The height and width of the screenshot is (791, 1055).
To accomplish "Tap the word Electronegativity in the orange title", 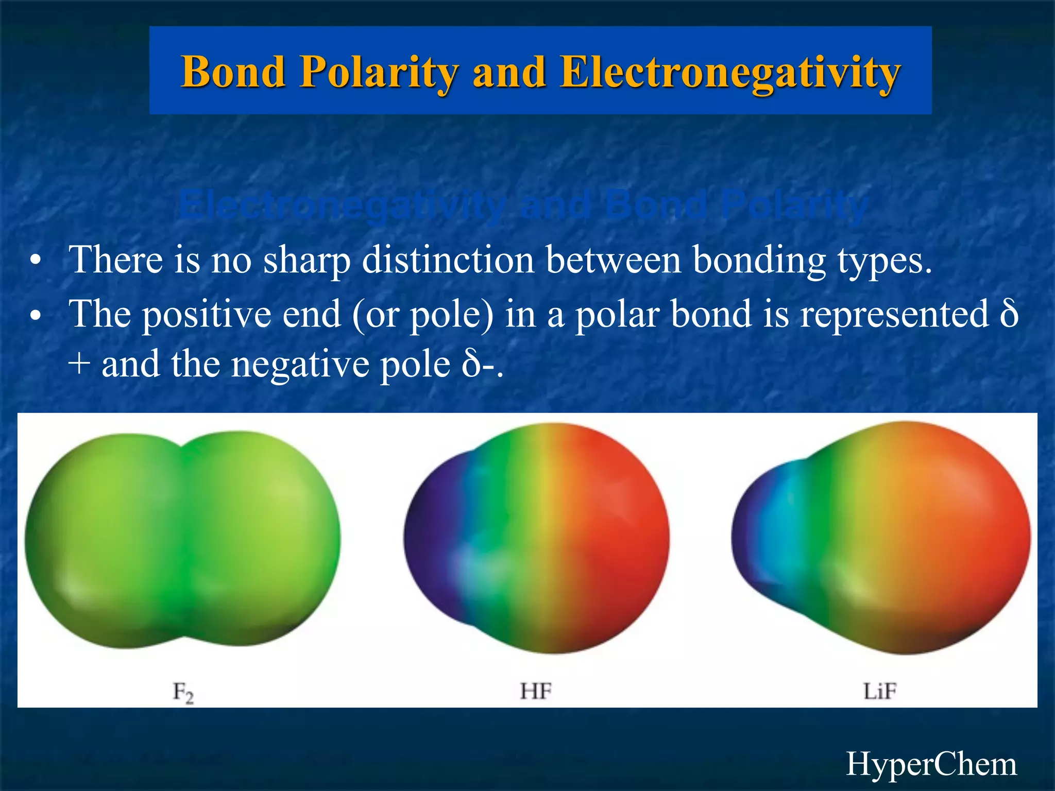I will coord(730,72).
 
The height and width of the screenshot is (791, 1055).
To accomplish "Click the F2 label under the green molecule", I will coord(183,692).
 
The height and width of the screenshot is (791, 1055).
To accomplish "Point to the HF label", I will coord(536,691).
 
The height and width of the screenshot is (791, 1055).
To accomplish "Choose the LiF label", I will coord(880,691).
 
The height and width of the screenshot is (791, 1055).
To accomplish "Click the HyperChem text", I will coord(931,764).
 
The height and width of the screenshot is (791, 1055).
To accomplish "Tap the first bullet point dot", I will coord(35,261).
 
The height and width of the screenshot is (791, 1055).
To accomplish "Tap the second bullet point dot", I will coord(35,315).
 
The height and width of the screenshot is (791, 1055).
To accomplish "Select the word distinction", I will coord(448,260).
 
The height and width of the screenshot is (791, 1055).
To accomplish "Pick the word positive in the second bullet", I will coord(206,314).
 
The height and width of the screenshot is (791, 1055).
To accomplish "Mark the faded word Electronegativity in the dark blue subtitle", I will coord(342,205).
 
